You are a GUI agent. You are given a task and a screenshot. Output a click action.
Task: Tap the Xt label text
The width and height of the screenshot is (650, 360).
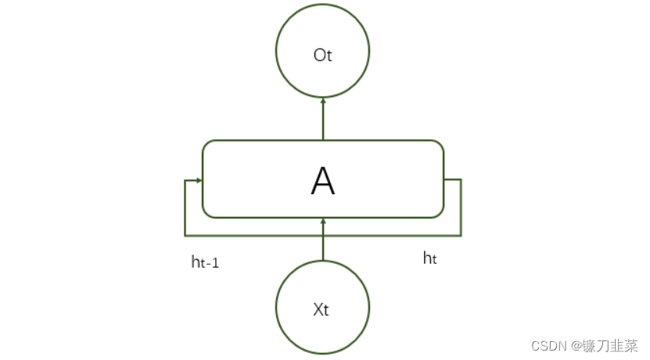(x=321, y=309)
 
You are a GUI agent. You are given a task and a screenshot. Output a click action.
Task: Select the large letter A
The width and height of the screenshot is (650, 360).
(x=322, y=182)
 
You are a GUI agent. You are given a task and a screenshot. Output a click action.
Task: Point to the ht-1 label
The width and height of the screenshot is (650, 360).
(x=205, y=262)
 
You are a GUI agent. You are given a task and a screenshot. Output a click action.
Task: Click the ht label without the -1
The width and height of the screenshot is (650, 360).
(x=429, y=257)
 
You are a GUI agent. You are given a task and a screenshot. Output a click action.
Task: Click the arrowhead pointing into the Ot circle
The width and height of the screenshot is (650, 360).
(x=323, y=101)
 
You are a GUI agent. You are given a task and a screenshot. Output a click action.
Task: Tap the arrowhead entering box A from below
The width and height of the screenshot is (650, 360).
(x=323, y=221)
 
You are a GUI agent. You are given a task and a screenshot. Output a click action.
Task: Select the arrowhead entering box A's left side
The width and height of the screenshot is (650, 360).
(x=199, y=180)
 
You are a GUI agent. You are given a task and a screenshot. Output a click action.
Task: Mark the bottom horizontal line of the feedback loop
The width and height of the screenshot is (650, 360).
(x=258, y=235)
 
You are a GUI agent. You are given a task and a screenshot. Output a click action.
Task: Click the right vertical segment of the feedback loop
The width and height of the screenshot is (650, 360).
(x=461, y=207)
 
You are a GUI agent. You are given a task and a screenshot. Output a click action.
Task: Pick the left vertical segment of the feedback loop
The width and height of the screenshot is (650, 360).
(x=185, y=207)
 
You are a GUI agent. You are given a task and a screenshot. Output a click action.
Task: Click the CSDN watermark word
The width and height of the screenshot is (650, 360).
(x=548, y=345)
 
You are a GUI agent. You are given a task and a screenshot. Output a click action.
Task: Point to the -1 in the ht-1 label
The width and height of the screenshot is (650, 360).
(x=212, y=264)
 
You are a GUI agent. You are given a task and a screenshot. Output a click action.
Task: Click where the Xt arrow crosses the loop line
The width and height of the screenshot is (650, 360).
(x=323, y=235)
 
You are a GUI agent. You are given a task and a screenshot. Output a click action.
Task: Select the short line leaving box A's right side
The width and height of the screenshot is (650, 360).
(x=452, y=179)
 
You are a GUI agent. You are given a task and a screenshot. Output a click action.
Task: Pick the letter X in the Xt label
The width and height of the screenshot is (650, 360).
(x=318, y=309)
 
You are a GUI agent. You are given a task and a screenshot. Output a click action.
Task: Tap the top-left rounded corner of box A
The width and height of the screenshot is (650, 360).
(x=207, y=146)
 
